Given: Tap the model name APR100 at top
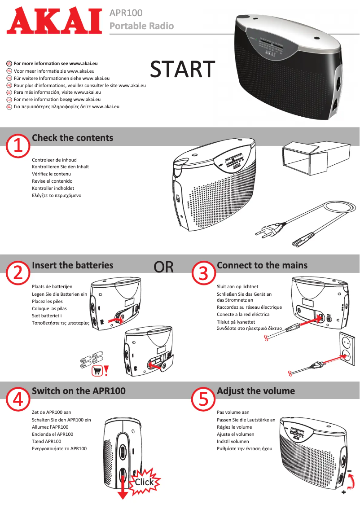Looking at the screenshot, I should click(x=126, y=13).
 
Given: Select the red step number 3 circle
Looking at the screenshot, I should click(x=203, y=273).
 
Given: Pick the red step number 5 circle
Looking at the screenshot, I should click(x=203, y=399).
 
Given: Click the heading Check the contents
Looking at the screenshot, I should click(x=72, y=138).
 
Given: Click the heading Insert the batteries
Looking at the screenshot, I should click(x=72, y=265).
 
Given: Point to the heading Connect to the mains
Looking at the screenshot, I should click(x=262, y=265).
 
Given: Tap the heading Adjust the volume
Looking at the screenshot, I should click(x=256, y=391).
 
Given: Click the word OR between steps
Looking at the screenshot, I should click(x=163, y=267).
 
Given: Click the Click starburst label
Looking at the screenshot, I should click(x=144, y=482).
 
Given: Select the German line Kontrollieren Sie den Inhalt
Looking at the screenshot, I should click(x=60, y=167).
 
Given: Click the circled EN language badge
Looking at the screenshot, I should click(x=9, y=64).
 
